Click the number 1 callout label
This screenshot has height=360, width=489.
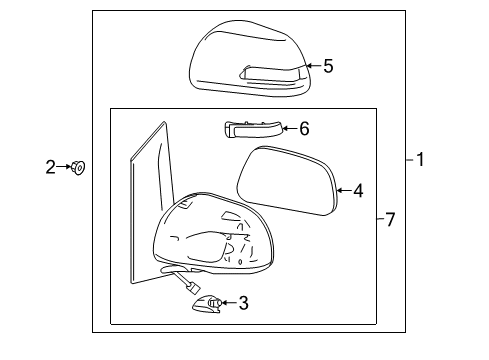(x=421, y=159)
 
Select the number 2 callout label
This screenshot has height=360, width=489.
(x=51, y=167)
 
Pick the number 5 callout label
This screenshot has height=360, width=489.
(x=328, y=67)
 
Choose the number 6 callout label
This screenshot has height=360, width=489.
(x=304, y=128)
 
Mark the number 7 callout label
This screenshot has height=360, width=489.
(x=390, y=219)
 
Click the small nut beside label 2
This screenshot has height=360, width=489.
(x=79, y=168)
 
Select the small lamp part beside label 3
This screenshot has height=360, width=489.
(x=211, y=303)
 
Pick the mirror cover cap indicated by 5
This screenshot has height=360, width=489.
(x=248, y=60)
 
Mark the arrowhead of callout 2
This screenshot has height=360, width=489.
(x=68, y=167)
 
